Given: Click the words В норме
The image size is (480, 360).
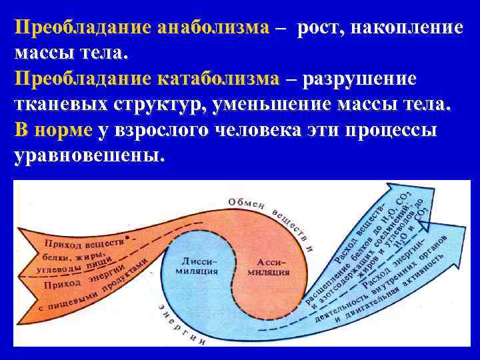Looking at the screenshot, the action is [53, 130].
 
